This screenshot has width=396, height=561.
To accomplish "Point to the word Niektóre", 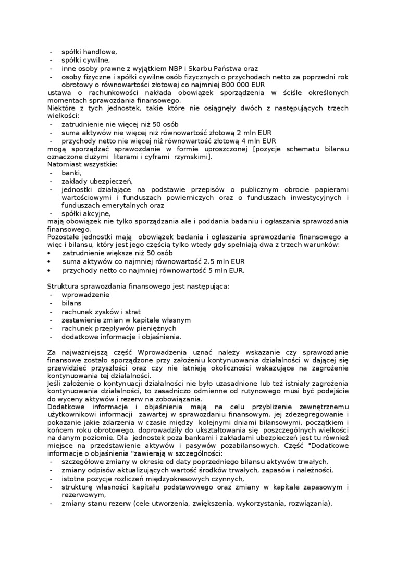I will [x=62, y=109].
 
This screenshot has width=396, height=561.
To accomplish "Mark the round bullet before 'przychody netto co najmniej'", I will [x=49, y=270].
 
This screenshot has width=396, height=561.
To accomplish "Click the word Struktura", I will [x=64, y=287].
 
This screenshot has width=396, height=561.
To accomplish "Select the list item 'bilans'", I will [x=71, y=303].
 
